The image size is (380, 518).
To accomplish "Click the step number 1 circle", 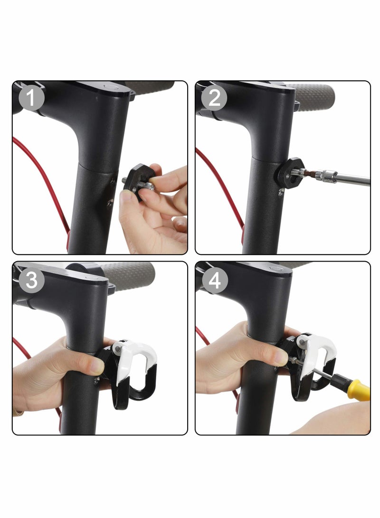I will tap(31, 99).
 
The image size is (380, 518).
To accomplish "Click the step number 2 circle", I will tap(214, 99).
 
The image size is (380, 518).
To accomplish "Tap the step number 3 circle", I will tap(31, 280).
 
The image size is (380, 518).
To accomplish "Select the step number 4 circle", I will tap(215, 280).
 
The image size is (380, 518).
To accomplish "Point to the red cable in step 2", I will tap(223, 185).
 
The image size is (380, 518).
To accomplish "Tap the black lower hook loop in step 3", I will tap(135, 389).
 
